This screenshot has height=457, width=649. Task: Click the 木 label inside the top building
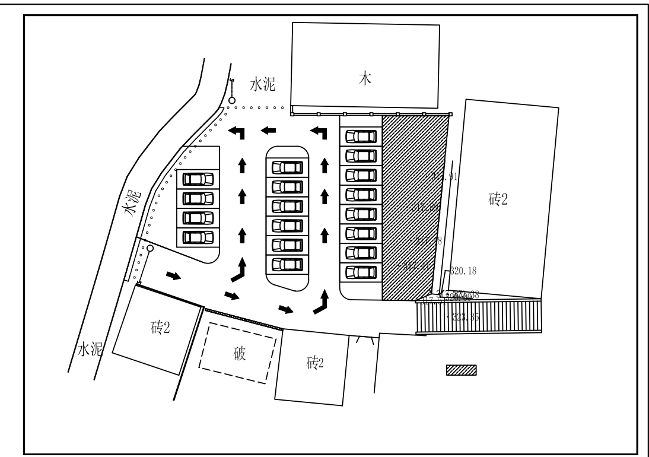click(x=367, y=80)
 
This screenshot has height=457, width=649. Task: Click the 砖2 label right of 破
click(x=315, y=363)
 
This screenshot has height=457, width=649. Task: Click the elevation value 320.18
click(x=464, y=271)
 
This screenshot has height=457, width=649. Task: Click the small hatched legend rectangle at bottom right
click(x=462, y=371)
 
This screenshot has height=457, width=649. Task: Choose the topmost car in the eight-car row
click(x=361, y=137)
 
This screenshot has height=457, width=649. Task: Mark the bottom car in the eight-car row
click(x=361, y=272)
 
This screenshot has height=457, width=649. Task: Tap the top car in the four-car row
click(x=198, y=179)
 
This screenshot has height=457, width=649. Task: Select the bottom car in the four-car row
click(x=198, y=237)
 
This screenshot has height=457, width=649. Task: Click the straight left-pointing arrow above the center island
click(x=269, y=129)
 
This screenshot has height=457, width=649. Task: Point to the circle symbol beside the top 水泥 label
click(x=232, y=100)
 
